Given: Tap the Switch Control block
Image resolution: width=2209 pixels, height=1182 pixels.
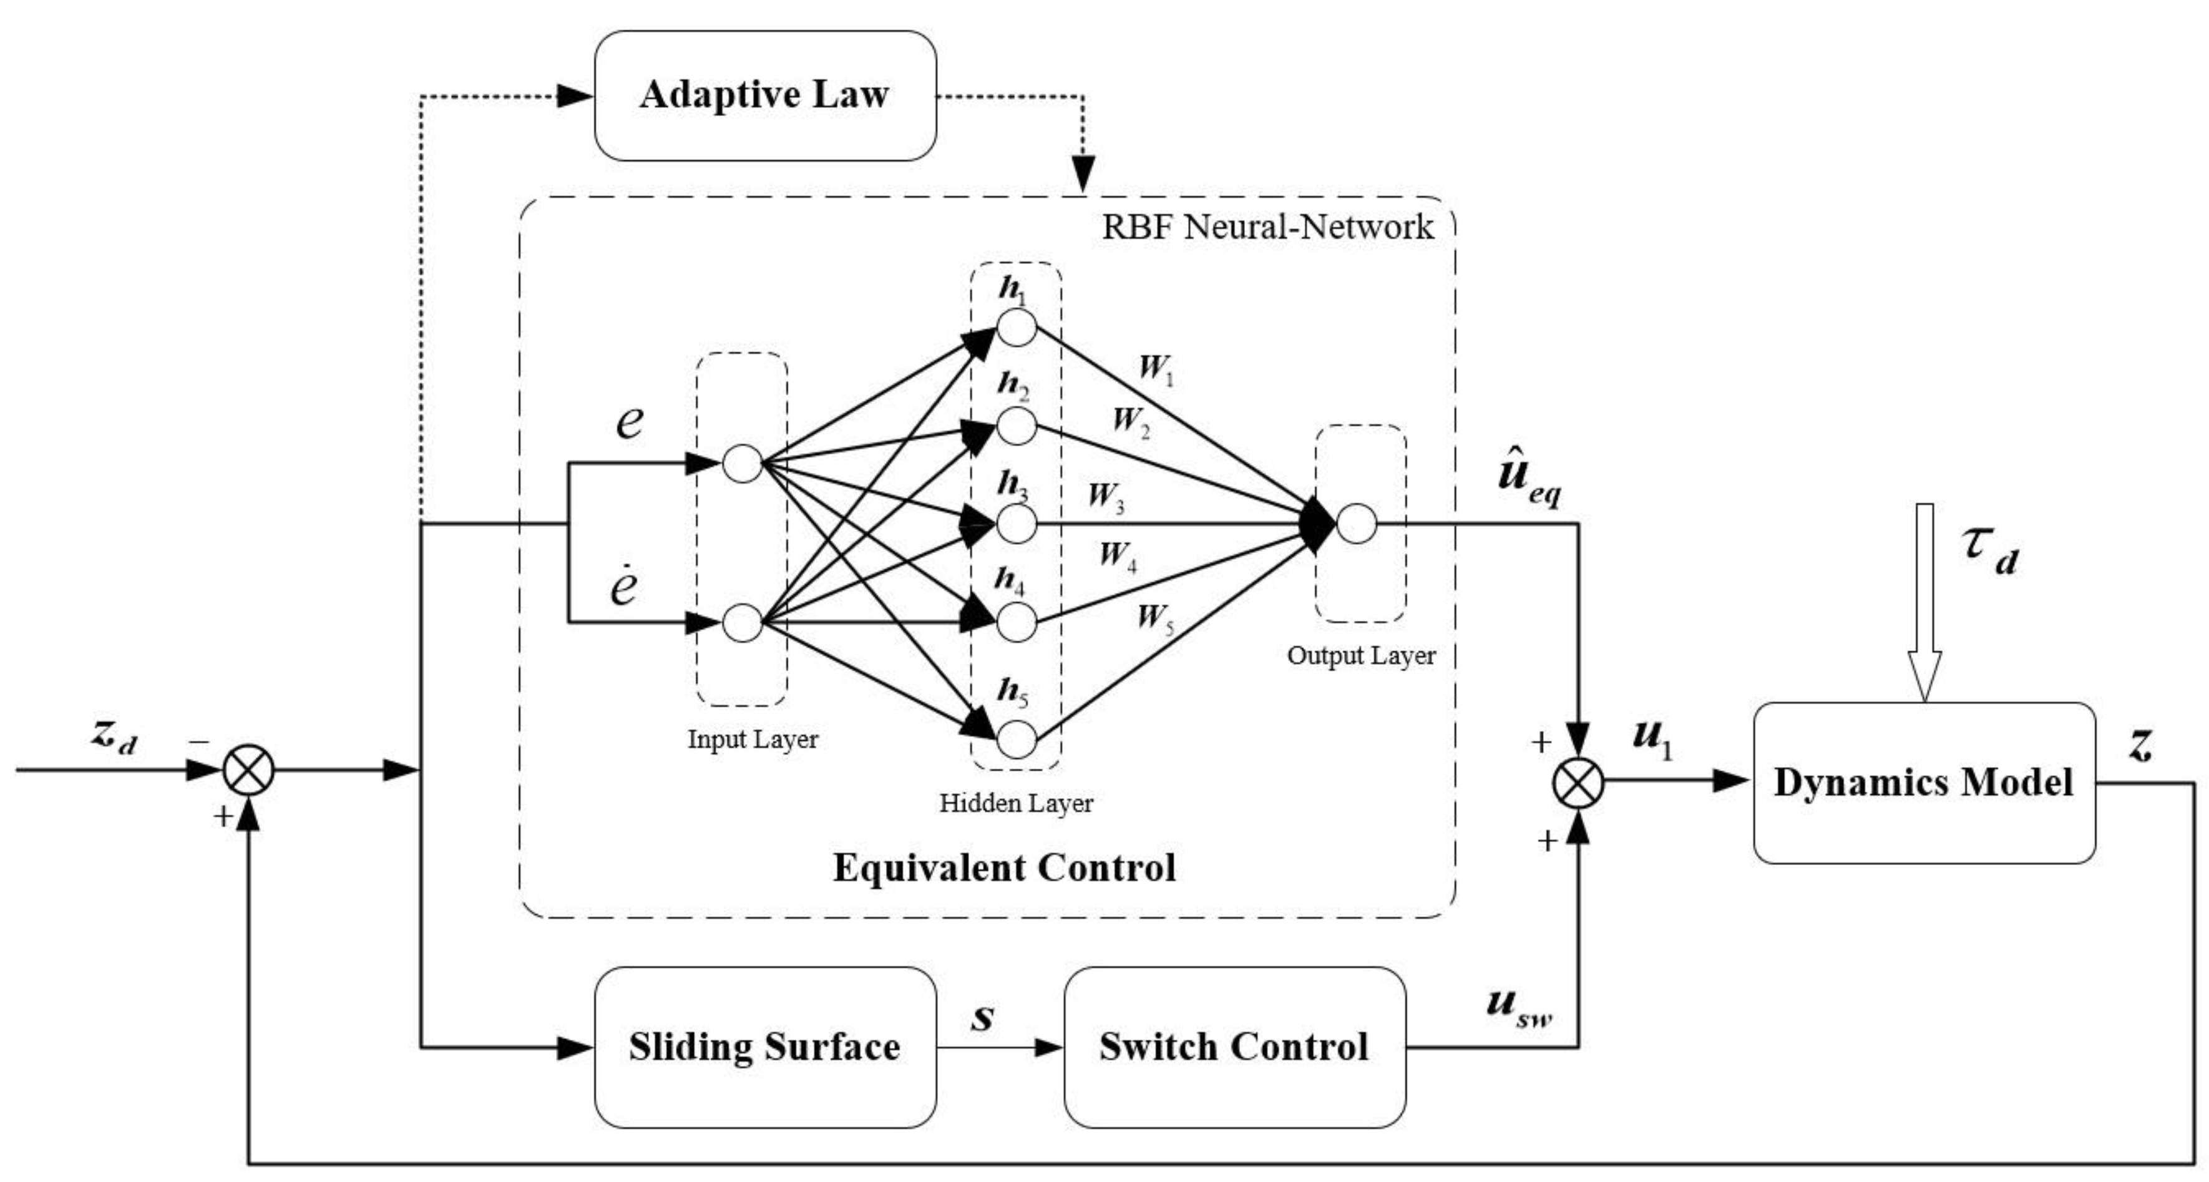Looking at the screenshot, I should [x=1234, y=1047].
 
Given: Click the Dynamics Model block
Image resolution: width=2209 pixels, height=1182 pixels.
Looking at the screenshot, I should [x=1923, y=783].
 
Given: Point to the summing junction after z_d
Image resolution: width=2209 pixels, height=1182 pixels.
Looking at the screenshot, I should [x=249, y=769].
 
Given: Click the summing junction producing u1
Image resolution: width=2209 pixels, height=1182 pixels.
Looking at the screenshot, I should [x=1578, y=781].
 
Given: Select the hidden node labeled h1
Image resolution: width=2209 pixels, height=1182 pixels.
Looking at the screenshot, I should [x=1016, y=328].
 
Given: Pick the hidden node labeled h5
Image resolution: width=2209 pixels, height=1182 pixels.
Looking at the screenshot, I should [x=1016, y=740].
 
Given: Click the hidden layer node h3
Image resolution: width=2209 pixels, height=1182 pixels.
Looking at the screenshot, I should [x=1016, y=523].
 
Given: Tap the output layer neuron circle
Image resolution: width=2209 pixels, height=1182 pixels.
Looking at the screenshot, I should [x=1356, y=523].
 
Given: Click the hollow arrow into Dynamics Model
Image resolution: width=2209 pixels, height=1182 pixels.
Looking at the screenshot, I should [x=1924, y=600].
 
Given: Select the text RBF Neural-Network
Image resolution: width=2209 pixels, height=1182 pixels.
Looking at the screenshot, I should [x=1267, y=227].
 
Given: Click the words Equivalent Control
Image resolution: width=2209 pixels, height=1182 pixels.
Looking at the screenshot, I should [x=1004, y=867].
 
